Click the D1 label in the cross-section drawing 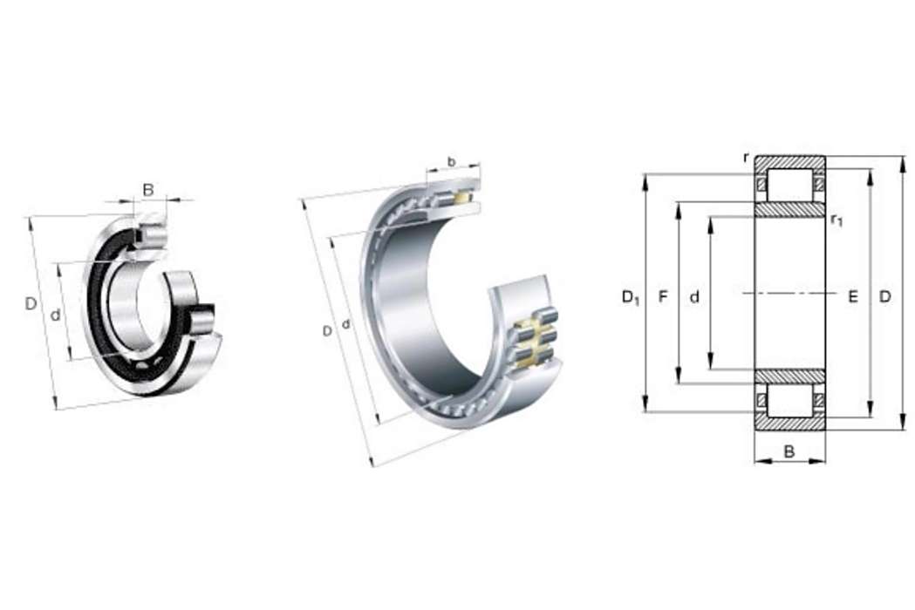click(x=631, y=298)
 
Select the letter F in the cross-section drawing click(x=662, y=297)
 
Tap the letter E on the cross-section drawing click(x=853, y=297)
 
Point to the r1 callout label click(x=836, y=220)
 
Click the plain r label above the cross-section click(x=746, y=158)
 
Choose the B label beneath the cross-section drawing click(x=789, y=451)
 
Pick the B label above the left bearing click(x=148, y=189)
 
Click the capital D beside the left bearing click(x=31, y=303)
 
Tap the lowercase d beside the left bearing click(x=56, y=315)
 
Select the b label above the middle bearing click(x=451, y=161)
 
